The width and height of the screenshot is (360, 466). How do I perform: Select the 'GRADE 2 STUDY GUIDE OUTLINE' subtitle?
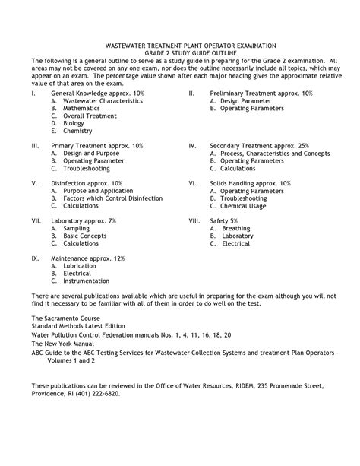[180, 54]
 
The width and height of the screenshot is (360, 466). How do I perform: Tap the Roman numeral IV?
[193, 144]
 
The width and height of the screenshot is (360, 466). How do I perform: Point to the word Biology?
[74, 123]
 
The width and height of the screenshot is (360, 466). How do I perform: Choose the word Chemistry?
[77, 131]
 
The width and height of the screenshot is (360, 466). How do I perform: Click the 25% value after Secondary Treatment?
[303, 144]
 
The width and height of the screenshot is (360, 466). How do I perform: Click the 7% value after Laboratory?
[112, 220]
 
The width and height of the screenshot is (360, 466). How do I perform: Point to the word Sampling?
[76, 228]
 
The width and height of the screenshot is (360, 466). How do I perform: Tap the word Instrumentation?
[87, 281]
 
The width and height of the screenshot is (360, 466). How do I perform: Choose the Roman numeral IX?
[35, 258]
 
